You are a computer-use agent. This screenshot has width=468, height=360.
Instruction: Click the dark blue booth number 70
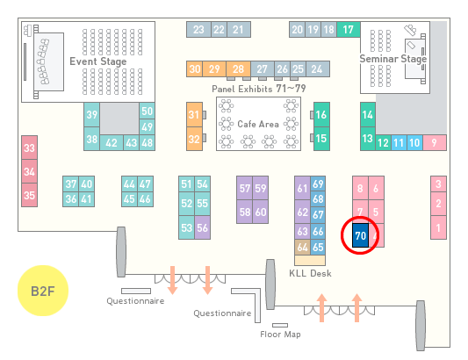tap(360, 235)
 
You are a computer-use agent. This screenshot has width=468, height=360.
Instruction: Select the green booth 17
tap(349, 30)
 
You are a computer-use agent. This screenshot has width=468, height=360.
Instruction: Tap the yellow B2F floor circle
tap(43, 291)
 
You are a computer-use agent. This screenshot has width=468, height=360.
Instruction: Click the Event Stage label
tap(97, 61)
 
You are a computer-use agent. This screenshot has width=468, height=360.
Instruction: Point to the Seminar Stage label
tap(393, 59)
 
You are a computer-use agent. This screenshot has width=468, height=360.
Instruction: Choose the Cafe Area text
tap(258, 124)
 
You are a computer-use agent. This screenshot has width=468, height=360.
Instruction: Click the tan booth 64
tap(302, 247)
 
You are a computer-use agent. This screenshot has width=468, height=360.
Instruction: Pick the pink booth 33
tap(29, 148)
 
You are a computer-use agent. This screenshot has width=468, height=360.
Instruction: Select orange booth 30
tap(194, 69)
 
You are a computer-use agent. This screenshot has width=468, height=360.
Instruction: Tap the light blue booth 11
tap(399, 143)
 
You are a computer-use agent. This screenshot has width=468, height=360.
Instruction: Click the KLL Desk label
tap(311, 273)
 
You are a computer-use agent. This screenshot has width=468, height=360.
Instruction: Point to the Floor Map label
tap(280, 334)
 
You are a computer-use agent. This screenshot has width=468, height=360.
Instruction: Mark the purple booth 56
tap(202, 227)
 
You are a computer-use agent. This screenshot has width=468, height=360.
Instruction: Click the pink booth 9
tap(435, 143)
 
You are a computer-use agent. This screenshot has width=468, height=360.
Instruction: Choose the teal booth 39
tap(91, 115)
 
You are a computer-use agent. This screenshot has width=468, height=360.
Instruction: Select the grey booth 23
tap(198, 30)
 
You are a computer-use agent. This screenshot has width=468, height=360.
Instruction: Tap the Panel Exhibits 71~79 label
tap(259, 89)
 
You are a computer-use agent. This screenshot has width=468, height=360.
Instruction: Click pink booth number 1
tap(438, 227)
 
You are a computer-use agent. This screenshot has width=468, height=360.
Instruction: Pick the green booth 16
tap(321, 115)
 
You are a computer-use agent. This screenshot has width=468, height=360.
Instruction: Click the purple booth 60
tap(260, 212)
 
